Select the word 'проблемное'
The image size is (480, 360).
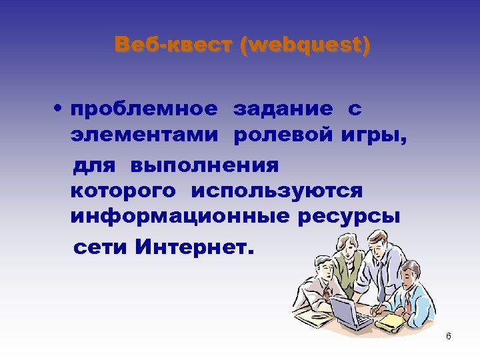click(x=144, y=108)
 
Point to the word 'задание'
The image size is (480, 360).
click(x=283, y=108)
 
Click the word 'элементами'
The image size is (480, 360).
click(x=144, y=137)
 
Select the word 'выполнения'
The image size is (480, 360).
click(x=205, y=164)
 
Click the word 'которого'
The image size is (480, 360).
click(x=123, y=191)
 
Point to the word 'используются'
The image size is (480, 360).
click(x=277, y=191)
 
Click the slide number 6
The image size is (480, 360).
click(x=449, y=336)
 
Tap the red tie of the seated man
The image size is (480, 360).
click(x=407, y=303)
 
